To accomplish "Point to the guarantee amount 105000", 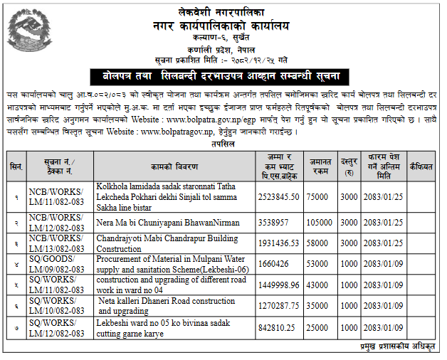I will click(x=320, y=223).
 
